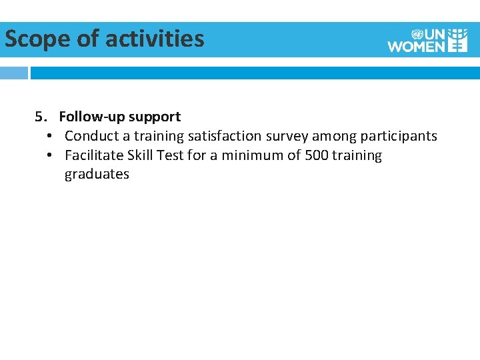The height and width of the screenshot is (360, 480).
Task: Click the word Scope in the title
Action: [x=37, y=39]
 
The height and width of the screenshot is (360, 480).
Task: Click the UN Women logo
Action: [x=427, y=40]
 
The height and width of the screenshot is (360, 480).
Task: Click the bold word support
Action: [x=155, y=117]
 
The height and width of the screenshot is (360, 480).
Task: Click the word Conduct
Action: [x=90, y=136]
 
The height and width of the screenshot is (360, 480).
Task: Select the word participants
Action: [x=399, y=136]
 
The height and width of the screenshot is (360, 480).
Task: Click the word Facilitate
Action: [x=91, y=155]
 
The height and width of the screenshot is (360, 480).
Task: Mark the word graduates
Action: [x=97, y=175]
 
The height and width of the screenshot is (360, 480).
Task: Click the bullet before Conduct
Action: [x=50, y=136]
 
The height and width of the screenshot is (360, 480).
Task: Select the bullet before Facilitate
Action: [x=50, y=155]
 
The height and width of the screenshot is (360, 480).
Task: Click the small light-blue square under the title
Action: [x=14, y=73]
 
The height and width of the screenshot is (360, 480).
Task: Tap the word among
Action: [x=335, y=136]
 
